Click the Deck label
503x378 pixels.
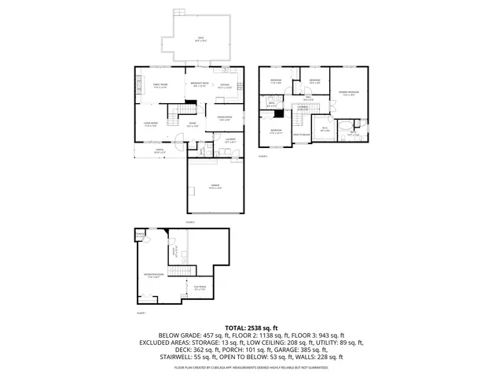(x=201, y=39)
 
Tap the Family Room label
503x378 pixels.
(x=161, y=86)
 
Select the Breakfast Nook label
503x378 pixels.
(x=199, y=84)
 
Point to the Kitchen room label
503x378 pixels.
(x=224, y=86)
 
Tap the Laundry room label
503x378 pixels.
(x=230, y=141)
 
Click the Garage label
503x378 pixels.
(x=215, y=187)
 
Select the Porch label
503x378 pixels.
(x=159, y=151)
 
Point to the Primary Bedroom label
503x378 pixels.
(x=349, y=94)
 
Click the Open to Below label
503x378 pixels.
(x=301, y=135)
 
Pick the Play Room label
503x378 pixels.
(x=200, y=288)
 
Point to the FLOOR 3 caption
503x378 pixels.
(x=263, y=157)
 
